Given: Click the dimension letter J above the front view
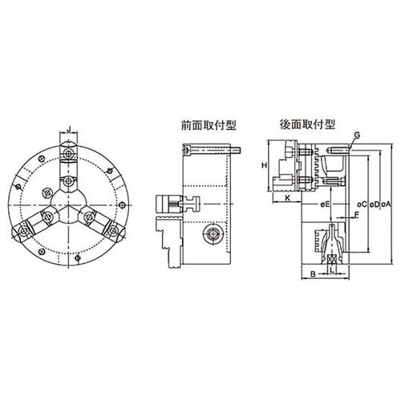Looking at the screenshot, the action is coord(70,130).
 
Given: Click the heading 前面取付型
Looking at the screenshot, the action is coord(209,125).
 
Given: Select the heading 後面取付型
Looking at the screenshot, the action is coord(307,124).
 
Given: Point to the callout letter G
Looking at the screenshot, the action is coord(357,136).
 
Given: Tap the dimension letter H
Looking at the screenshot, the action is coord(265,165).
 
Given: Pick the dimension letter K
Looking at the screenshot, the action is coord(288,198).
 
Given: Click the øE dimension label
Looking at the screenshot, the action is coord(326,205).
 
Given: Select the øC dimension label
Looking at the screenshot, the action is coord(363,205).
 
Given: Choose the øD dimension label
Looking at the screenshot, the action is coord(375,205).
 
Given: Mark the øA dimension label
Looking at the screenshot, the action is coord(386,205).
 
